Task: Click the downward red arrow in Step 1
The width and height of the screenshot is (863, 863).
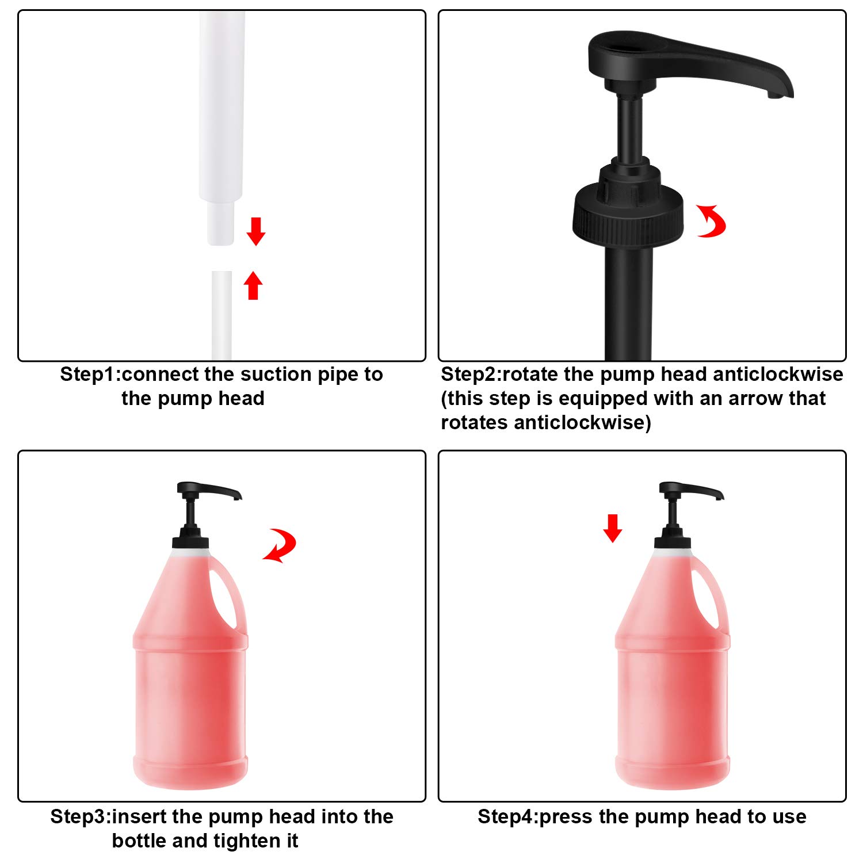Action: [255, 231]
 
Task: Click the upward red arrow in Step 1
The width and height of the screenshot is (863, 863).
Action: [253, 285]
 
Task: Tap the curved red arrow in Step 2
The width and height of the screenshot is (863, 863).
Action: [712, 221]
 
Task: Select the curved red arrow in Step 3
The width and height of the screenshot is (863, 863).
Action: [280, 545]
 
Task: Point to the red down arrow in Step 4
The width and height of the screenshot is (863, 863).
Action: [612, 528]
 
